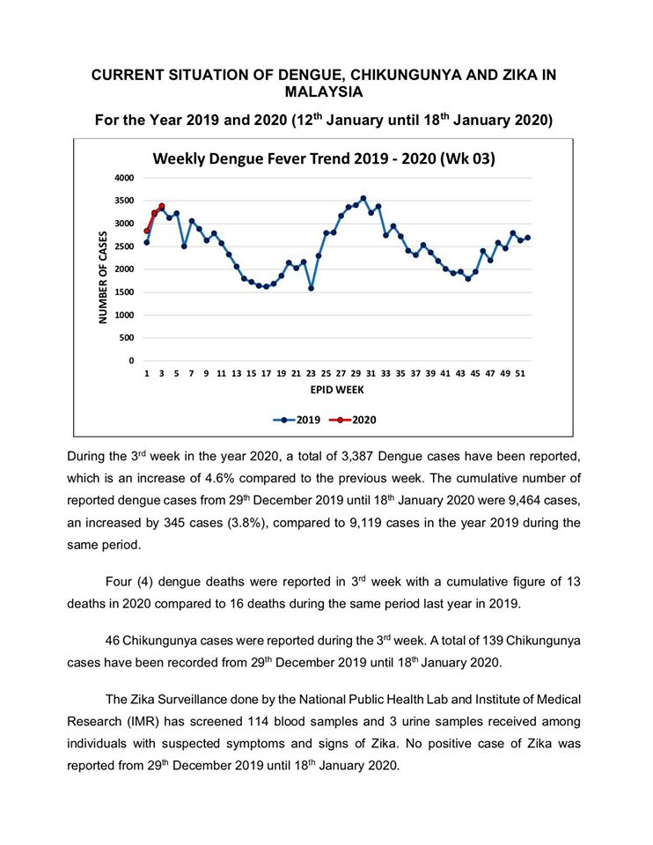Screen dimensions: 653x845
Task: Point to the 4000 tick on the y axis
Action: tap(124, 178)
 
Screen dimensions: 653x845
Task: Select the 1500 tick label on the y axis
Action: tap(124, 292)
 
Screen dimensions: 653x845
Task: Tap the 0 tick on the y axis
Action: tap(131, 361)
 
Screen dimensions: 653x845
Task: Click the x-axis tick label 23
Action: tap(311, 373)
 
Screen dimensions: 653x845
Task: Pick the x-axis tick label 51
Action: tap(520, 373)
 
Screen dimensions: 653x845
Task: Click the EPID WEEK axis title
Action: tap(337, 390)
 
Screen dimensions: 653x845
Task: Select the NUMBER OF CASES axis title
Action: tap(103, 277)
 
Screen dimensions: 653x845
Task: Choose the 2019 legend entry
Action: tap(297, 420)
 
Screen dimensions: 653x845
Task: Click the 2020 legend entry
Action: tap(353, 420)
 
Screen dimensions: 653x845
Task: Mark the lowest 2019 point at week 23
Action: tap(311, 289)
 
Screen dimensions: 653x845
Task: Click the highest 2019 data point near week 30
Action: tap(363, 198)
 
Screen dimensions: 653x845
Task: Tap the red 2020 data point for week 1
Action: tap(147, 231)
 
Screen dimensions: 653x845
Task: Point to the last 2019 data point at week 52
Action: tap(527, 238)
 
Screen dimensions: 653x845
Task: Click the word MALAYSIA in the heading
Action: tap(324, 92)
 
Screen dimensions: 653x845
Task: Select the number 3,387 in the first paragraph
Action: tap(356, 457)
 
